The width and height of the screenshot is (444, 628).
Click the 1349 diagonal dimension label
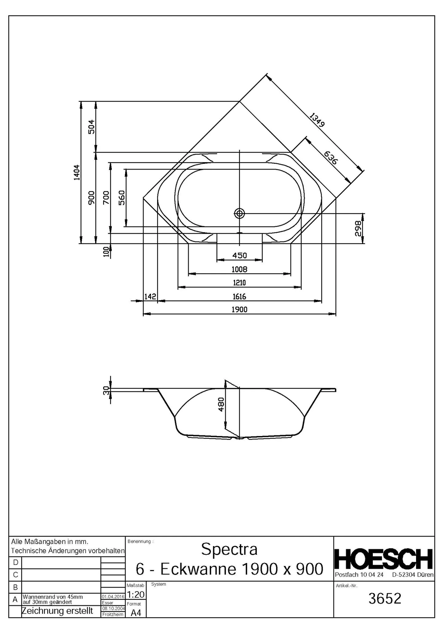tap(317, 120)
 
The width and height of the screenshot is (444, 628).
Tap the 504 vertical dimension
tap(91, 127)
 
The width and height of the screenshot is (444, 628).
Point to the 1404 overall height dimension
tap(76, 172)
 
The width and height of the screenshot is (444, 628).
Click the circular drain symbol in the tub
tap(240, 213)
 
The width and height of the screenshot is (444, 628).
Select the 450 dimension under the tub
tap(239, 255)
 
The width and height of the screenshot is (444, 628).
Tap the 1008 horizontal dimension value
tap(239, 269)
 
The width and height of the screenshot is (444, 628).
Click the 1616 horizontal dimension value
tap(239, 297)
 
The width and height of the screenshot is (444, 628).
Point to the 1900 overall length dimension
tap(239, 309)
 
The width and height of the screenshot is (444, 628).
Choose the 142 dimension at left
tap(150, 297)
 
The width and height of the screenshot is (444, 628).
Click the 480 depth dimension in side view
tap(221, 404)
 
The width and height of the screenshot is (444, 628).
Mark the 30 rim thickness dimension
tap(106, 391)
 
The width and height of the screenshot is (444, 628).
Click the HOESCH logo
tap(384, 559)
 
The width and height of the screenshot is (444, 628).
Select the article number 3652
tap(385, 599)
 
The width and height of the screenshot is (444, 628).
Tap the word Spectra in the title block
tap(229, 549)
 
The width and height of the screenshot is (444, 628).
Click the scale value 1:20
tap(135, 595)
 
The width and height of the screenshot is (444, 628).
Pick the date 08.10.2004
tap(113, 608)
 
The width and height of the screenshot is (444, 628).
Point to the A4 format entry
tap(136, 613)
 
